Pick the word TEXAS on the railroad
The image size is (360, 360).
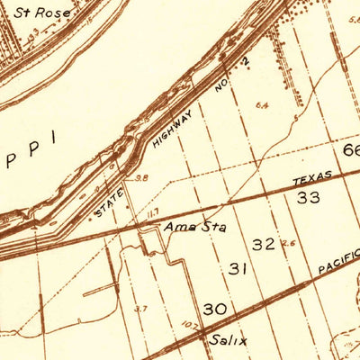[x=311, y=177]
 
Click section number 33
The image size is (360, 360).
[x=309, y=196]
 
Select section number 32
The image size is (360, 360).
[x=264, y=244]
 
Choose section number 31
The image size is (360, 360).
[x=238, y=268]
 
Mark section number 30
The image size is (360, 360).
[x=214, y=309]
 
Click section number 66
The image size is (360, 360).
[x=351, y=149]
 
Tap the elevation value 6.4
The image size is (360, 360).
[x=262, y=105]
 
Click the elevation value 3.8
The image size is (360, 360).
[x=141, y=178]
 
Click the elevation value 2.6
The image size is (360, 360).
[x=287, y=243]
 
